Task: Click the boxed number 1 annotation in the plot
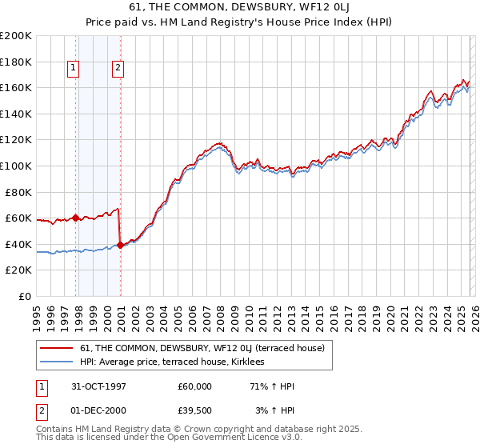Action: click(74, 68)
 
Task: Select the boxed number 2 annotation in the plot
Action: click(118, 68)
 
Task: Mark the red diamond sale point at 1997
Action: click(76, 218)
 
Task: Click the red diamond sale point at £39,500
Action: click(120, 245)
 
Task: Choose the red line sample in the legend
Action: click(57, 348)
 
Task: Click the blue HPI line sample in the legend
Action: click(57, 362)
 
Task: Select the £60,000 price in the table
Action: click(195, 386)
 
